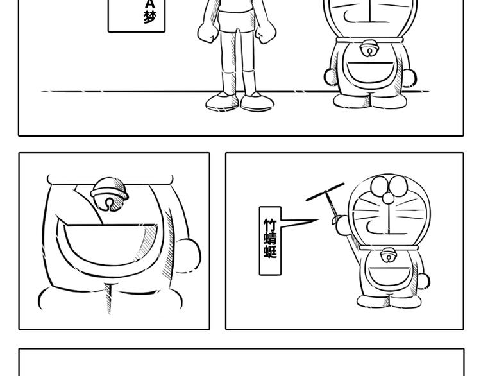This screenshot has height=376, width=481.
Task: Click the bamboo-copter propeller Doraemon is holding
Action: click(x=325, y=192)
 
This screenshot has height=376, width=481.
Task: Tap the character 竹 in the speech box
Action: click(x=270, y=225)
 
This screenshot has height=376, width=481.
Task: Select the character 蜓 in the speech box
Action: click(x=270, y=251)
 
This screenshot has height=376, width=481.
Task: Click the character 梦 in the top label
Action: click(x=150, y=17)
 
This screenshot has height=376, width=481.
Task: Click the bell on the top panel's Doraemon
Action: click(x=369, y=48)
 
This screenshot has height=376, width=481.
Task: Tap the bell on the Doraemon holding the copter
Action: click(x=388, y=255)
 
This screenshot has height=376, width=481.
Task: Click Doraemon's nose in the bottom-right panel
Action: click(x=388, y=198)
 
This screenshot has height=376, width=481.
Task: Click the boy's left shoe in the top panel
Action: click(x=222, y=101)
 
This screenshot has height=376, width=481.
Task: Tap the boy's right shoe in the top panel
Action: click(x=257, y=102)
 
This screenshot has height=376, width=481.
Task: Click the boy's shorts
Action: click(x=237, y=21)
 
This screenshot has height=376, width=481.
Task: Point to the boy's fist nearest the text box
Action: click(x=208, y=32)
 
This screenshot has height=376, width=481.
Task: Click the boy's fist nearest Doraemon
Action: click(x=266, y=32)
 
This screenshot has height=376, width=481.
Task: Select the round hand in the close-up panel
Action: click(x=188, y=256)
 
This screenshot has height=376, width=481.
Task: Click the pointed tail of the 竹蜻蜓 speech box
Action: click(x=318, y=220)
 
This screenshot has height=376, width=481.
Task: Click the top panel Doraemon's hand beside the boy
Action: click(x=332, y=77)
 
